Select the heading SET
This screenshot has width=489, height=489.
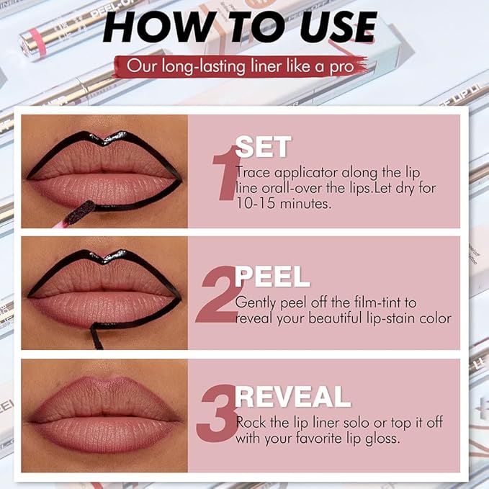click(263, 148)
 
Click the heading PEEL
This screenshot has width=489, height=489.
click(273, 277)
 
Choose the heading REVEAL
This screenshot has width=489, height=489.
click(292, 396)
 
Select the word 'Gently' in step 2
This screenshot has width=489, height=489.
click(255, 303)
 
